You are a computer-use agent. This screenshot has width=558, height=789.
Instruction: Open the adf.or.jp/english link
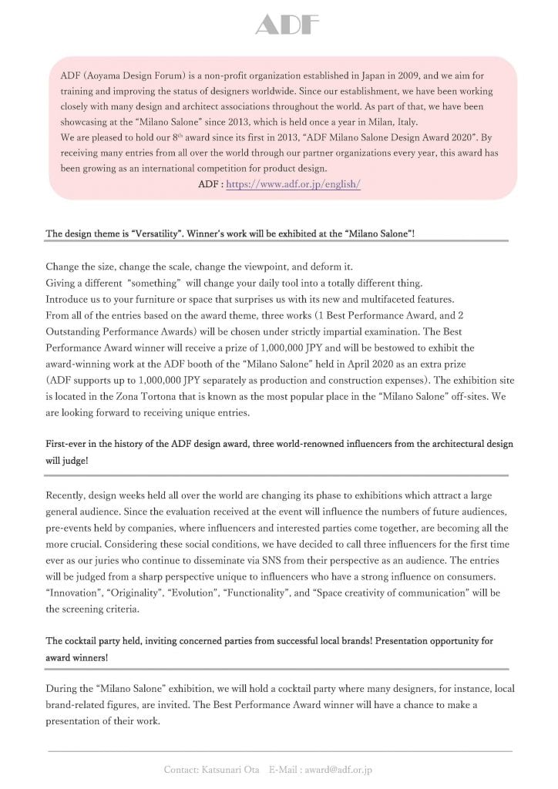coord(293,185)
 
